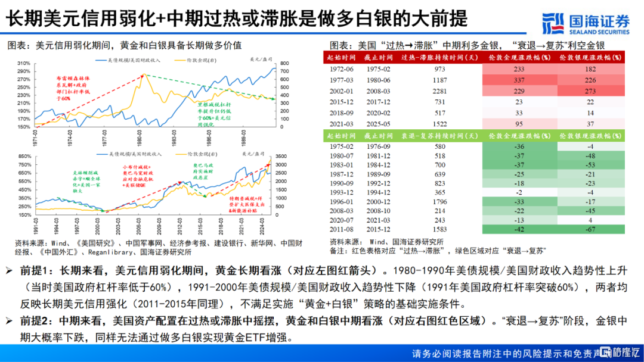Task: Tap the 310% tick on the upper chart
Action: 24,63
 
